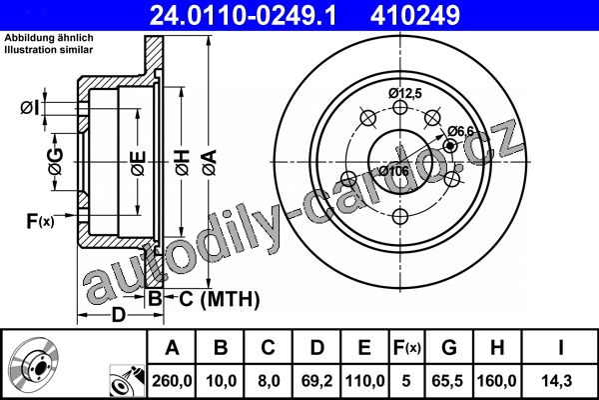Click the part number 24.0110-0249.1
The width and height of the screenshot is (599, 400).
pyautogui.click(x=243, y=15)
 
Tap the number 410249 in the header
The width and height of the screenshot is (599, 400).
pyautogui.click(x=414, y=15)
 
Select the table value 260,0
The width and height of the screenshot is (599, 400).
pyautogui.click(x=172, y=381)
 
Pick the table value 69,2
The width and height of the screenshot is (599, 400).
pyautogui.click(x=316, y=381)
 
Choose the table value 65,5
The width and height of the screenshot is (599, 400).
pyautogui.click(x=447, y=381)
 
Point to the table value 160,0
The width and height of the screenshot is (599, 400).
pyautogui.click(x=496, y=381)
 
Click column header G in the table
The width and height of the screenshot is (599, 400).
pyautogui.click(x=449, y=348)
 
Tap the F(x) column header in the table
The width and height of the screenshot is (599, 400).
pyautogui.click(x=406, y=348)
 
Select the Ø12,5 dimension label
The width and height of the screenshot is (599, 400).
pyautogui.click(x=405, y=93)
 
